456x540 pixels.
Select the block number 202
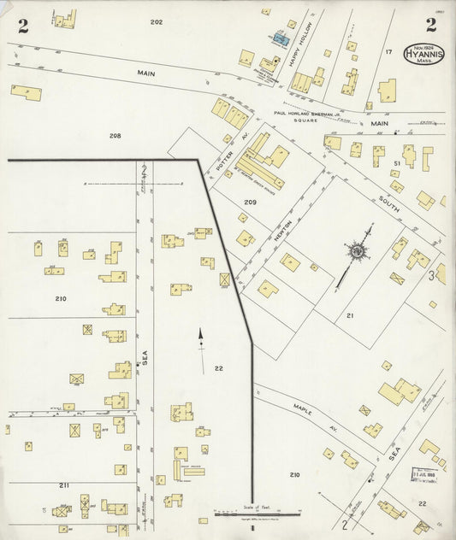click(x=156, y=21)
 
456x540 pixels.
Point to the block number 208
click(x=115, y=136)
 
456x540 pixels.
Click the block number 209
click(x=250, y=202)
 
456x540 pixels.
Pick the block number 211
click(x=64, y=484)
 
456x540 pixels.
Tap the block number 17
click(x=388, y=53)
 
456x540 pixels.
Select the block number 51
click(x=397, y=162)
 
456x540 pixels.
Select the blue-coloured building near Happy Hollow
click(x=279, y=38)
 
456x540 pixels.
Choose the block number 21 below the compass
click(x=350, y=315)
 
